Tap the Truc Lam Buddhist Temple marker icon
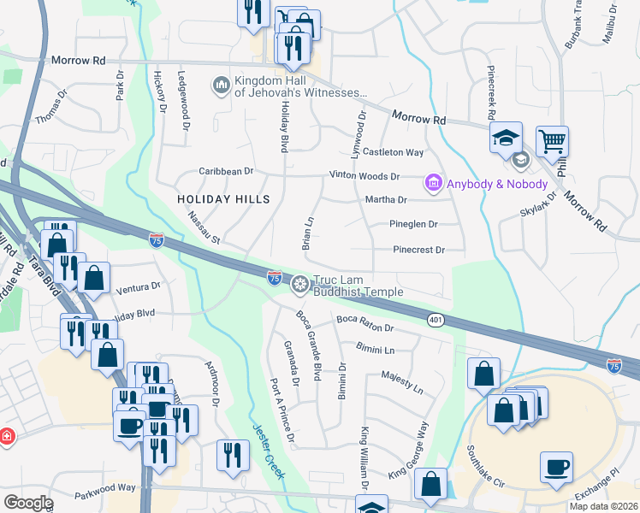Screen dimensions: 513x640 point(300,284)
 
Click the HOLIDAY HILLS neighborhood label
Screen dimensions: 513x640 point(223,199)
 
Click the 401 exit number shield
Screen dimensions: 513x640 point(435,319)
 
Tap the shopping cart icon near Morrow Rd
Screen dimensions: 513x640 point(553,142)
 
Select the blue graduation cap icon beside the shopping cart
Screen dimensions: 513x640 point(506,136)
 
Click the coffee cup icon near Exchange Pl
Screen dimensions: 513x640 point(556,468)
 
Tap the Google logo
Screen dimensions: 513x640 point(28,502)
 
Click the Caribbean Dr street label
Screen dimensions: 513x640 point(227,171)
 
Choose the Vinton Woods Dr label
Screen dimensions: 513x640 point(365,176)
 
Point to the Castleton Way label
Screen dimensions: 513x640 point(394,152)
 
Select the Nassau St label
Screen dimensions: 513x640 point(205,227)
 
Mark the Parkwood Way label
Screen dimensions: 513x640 point(104,487)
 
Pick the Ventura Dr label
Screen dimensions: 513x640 point(138,287)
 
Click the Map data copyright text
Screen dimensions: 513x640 point(603,505)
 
